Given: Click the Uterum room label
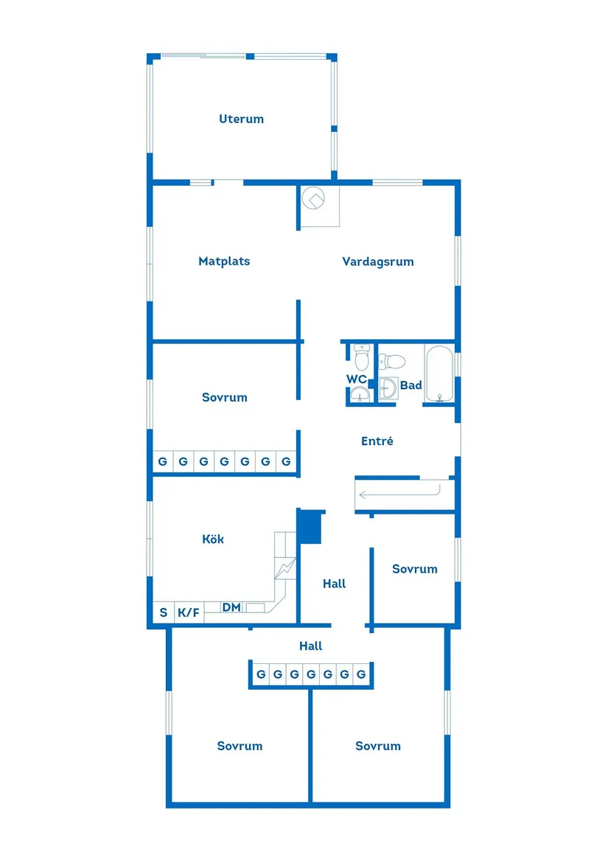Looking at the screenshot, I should coord(241,119).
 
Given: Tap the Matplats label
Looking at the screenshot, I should coord(224,261).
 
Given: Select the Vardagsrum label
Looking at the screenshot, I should coord(377,261).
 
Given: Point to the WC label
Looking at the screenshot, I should coord(357,379).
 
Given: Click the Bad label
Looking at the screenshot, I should coord(410,385).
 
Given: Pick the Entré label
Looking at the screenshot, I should coord(377,441).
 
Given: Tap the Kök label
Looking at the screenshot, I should coord(213,539).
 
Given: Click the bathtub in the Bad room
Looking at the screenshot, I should coord(439,374).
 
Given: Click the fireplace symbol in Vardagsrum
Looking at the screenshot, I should coord(317,198).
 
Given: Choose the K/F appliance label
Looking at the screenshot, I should coord(189,612).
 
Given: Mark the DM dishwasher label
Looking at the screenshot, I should coord(231,607).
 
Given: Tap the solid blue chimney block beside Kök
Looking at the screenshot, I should coord(311,527).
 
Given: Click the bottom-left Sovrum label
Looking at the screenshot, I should coord(240,746).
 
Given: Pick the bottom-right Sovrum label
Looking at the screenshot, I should coord(377,746).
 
